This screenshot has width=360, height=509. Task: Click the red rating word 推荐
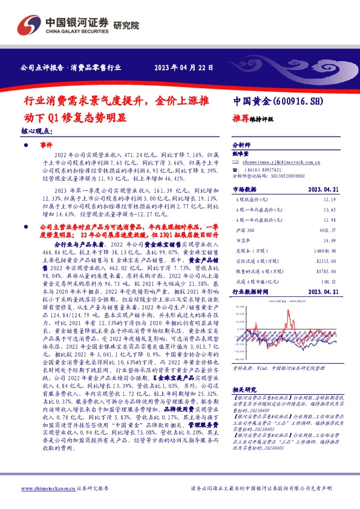click(x=240, y=119)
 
